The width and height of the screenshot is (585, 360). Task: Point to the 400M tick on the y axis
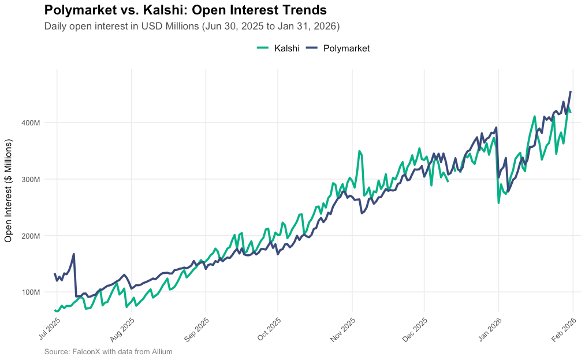[x=31, y=123]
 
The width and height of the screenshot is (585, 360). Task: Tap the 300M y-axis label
[x=31, y=179]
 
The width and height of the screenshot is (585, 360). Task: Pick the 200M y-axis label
[x=31, y=236]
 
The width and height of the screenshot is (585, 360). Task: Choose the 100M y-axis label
[x=31, y=292]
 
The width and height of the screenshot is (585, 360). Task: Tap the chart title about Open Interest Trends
[x=185, y=10]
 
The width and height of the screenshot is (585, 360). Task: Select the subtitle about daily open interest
[x=192, y=26]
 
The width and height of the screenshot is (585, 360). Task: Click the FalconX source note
[x=108, y=351]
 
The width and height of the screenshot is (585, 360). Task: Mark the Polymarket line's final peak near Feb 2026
[x=571, y=91]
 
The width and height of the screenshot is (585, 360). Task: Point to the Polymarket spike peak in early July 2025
[x=74, y=254]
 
